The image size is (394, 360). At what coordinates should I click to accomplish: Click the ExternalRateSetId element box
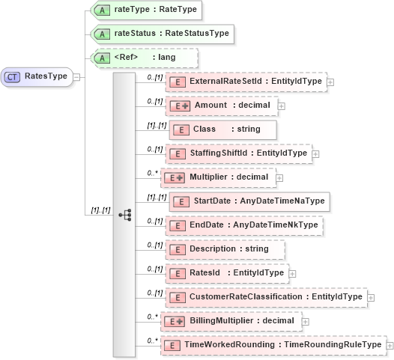click(x=246, y=82)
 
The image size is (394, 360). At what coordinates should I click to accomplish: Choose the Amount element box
click(x=220, y=106)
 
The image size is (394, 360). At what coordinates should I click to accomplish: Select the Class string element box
click(x=212, y=129)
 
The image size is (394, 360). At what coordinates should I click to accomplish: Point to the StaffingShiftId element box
click(x=238, y=153)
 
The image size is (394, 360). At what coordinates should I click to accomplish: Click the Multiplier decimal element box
click(x=219, y=177)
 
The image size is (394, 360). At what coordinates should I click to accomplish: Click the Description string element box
click(x=225, y=248)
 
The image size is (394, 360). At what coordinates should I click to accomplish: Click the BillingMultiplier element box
click(x=233, y=321)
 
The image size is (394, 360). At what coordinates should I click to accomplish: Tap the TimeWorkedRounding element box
click(x=273, y=344)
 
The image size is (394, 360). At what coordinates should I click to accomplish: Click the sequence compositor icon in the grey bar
click(x=124, y=213)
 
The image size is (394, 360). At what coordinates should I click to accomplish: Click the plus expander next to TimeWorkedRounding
click(x=388, y=345)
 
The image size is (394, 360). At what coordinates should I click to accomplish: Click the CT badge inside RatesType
click(x=12, y=76)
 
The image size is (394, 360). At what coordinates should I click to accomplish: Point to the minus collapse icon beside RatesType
click(x=76, y=76)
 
